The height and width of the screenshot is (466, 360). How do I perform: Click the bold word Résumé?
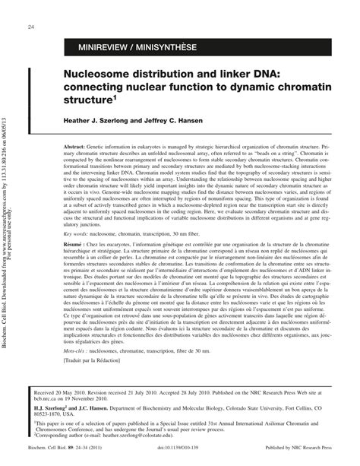point(75,272)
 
